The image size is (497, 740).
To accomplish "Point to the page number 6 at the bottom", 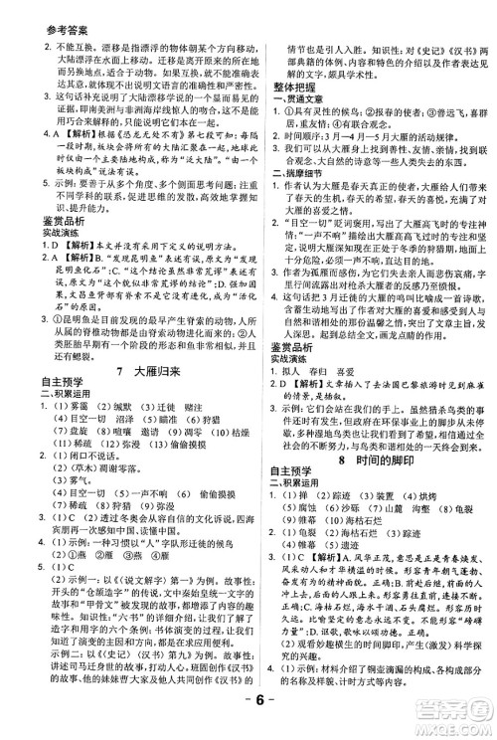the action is click(248, 720).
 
